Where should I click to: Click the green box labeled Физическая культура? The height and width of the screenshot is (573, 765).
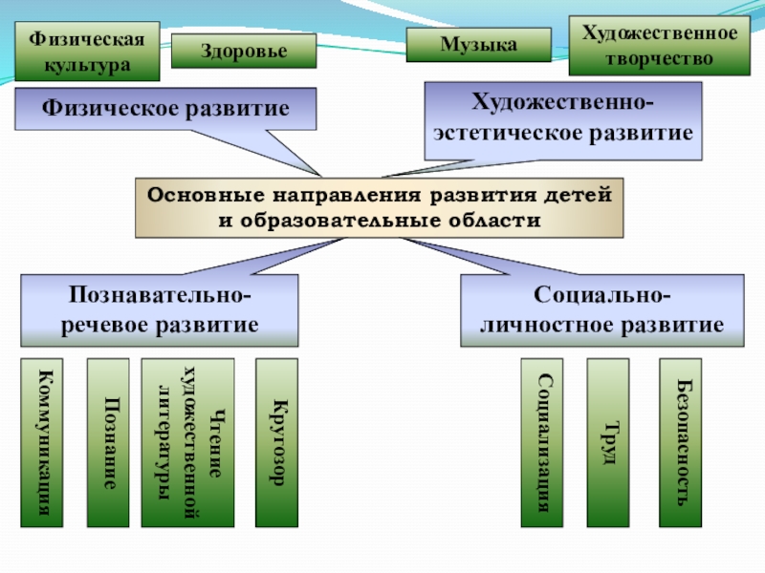click(86, 53)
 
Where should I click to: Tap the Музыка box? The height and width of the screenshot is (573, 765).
click(478, 45)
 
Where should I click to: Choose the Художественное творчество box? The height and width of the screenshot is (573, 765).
click(660, 46)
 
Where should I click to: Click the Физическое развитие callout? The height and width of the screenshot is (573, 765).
click(165, 108)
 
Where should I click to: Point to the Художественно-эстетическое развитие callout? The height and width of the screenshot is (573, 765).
click(562, 119)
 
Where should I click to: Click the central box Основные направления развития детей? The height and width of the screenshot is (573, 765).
click(379, 207)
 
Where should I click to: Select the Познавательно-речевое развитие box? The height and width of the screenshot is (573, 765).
click(160, 310)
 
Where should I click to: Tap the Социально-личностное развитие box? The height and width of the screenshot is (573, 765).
click(601, 310)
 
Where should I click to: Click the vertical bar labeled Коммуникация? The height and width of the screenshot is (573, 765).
click(42, 442)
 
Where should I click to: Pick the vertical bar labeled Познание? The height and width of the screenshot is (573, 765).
click(109, 442)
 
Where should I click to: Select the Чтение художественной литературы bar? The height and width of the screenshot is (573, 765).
click(187, 442)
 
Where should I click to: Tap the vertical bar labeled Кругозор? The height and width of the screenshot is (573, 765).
click(276, 442)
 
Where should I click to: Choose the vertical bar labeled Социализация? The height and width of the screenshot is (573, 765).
click(542, 442)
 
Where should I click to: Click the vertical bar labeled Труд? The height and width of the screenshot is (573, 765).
click(607, 442)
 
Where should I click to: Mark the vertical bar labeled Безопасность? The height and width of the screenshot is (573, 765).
click(680, 442)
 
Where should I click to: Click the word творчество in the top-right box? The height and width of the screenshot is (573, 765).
click(660, 58)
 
